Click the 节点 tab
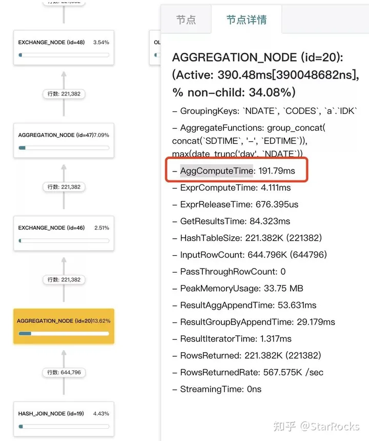pos(186,20)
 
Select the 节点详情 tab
pos(247,20)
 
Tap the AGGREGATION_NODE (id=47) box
pos(64,140)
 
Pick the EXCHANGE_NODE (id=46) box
pos(64,233)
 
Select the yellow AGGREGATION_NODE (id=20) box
pos(64,326)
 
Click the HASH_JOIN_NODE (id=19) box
pos(64,418)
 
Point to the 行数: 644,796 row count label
pos(64,372)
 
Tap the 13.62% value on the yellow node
pos(101,321)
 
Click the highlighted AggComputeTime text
pos(217,171)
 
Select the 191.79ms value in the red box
pos(276,171)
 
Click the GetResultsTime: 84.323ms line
pos(235,221)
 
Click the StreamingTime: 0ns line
pos(220,389)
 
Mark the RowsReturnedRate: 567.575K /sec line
pos(252,372)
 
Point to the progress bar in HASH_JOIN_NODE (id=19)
pos(64,426)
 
